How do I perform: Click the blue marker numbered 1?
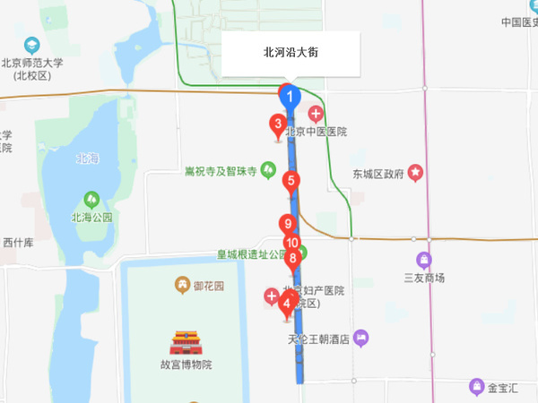[x=289, y=94]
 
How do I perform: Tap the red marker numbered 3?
[x=279, y=124]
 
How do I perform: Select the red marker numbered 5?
[x=291, y=180]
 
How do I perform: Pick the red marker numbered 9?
[x=287, y=225]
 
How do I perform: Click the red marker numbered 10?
[x=291, y=243]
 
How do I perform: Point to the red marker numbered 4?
[x=286, y=303]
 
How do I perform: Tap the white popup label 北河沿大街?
[x=291, y=53]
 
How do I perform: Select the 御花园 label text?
[x=212, y=286]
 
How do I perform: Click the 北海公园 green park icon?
[x=91, y=199]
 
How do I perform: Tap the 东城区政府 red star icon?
[x=415, y=172]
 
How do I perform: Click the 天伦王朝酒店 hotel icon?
[x=360, y=339]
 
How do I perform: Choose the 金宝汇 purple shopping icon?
[x=477, y=387]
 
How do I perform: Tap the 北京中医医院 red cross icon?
[x=316, y=114]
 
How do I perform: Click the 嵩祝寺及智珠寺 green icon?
[x=268, y=171]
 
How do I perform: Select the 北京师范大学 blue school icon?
[x=32, y=44]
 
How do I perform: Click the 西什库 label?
[x=18, y=243]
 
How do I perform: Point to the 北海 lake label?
[x=87, y=159]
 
